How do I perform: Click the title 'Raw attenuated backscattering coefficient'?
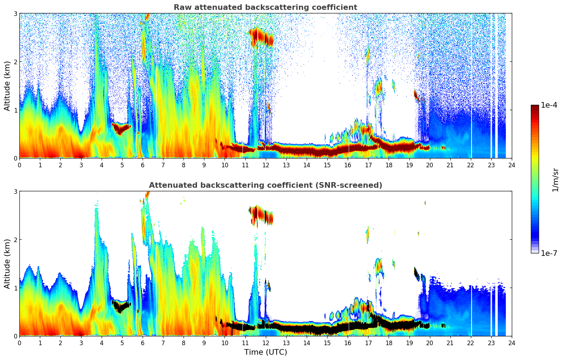[x=265, y=7]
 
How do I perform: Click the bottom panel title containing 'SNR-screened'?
[x=265, y=185]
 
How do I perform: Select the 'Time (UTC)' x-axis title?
[x=265, y=352]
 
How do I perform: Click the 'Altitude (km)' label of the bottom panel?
[x=7, y=264]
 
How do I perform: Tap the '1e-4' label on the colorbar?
[x=549, y=105]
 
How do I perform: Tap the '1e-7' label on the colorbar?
[x=549, y=253]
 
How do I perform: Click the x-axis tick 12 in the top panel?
[x=265, y=165]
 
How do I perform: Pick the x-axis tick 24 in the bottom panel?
[x=511, y=343]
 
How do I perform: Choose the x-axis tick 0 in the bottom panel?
[x=19, y=343]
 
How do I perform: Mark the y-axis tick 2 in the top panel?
[x=15, y=62]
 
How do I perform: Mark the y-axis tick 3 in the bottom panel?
[x=15, y=191]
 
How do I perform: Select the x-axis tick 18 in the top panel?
[x=389, y=165]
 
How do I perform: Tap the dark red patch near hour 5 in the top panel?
[x=121, y=128]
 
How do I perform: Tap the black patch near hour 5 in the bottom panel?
[x=121, y=306]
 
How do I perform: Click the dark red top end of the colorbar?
[x=534, y=107]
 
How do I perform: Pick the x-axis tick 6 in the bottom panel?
[x=143, y=343]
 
